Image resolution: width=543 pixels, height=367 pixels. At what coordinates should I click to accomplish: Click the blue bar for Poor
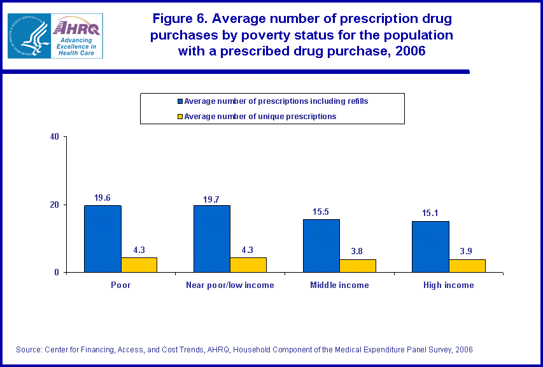point(102,239)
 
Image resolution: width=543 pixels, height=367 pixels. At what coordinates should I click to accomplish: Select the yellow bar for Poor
point(139,265)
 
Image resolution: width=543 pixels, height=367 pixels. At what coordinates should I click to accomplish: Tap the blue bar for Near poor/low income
point(212,239)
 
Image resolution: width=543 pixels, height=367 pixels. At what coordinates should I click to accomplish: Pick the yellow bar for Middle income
point(358,266)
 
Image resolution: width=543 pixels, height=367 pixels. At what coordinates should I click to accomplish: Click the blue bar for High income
point(430,247)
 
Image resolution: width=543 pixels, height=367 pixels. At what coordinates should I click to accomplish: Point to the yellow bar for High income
point(467,266)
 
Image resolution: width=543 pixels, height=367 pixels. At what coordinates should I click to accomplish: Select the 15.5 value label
point(321,212)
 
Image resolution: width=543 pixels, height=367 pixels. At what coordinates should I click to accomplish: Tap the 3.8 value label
point(358,252)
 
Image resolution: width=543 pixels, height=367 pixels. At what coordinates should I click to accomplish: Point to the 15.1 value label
point(430,214)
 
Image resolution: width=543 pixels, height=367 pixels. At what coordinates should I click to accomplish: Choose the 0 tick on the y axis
point(57,273)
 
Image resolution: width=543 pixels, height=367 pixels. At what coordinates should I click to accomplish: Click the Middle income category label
point(339,285)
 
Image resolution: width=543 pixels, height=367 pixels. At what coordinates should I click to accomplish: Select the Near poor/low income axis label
point(230,285)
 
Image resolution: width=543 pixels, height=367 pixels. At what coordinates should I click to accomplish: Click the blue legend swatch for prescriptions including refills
point(180,101)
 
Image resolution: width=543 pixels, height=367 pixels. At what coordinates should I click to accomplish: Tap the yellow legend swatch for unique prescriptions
point(180,117)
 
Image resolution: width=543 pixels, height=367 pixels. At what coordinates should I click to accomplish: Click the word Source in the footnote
point(29,349)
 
